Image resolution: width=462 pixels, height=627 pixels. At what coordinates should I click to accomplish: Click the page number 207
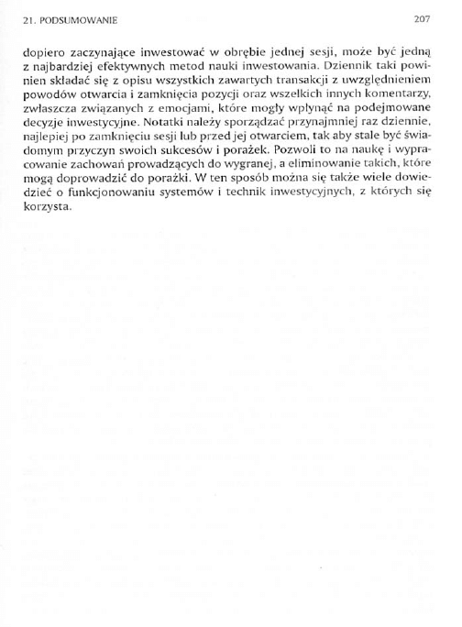423,17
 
